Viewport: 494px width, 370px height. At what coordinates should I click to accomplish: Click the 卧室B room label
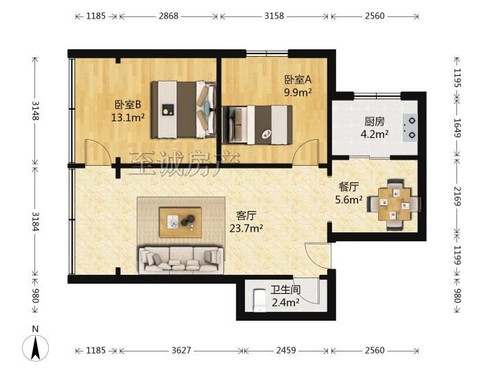click(128, 104)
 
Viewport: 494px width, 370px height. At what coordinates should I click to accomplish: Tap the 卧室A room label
click(298, 79)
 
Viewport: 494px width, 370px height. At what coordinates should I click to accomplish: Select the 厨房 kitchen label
click(375, 121)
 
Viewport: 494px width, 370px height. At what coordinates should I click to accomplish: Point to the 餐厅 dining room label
click(349, 187)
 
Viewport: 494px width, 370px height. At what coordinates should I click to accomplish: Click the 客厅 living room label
click(246, 216)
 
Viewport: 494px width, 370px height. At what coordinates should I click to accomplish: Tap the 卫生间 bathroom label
click(285, 290)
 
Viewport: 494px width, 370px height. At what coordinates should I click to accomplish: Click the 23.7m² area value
click(246, 228)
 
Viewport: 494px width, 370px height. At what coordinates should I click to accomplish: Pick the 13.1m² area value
click(128, 117)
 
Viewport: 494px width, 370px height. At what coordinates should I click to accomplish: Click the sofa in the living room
click(181, 259)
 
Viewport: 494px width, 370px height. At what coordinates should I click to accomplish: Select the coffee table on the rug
click(180, 222)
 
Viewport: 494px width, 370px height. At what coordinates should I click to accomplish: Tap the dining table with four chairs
click(395, 204)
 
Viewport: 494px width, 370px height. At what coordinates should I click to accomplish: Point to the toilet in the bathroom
click(259, 300)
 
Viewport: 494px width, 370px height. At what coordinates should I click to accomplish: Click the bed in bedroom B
click(184, 110)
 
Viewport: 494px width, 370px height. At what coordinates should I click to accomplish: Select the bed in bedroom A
click(257, 125)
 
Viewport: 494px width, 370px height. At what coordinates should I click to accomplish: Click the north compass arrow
click(35, 347)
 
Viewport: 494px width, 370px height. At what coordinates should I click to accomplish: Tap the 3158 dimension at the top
click(274, 16)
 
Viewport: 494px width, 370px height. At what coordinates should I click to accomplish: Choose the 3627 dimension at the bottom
click(181, 350)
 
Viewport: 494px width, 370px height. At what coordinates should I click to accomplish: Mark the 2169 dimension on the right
click(457, 197)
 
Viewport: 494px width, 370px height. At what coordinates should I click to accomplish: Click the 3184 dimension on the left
click(35, 221)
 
